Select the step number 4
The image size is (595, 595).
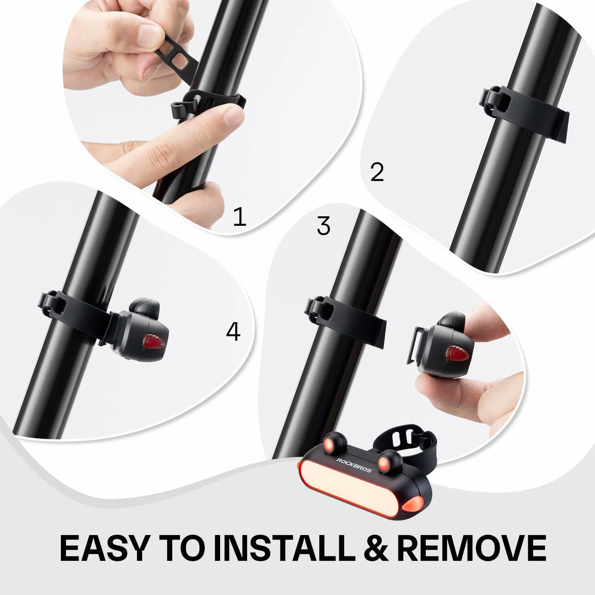[233, 332]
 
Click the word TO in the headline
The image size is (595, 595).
[180, 548]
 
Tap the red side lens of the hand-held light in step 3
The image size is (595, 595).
[456, 353]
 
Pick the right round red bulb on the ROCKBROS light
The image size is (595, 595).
[384, 462]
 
